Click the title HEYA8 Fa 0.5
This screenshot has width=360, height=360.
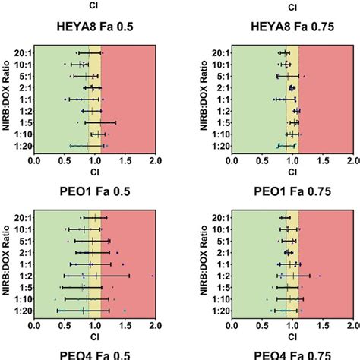[93, 28]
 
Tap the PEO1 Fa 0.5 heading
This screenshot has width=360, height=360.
[93, 193]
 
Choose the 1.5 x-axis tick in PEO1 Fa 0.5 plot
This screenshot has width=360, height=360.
[125, 327]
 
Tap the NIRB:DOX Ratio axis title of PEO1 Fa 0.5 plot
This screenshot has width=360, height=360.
[6, 264]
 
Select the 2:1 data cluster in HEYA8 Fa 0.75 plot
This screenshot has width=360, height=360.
[292, 87]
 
